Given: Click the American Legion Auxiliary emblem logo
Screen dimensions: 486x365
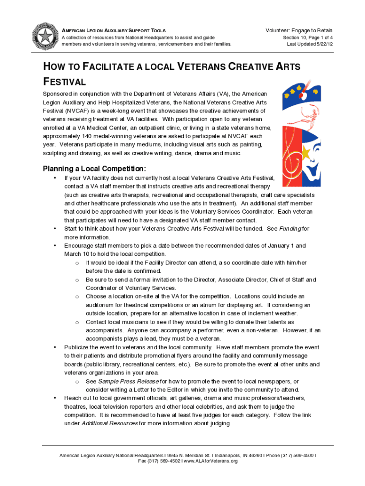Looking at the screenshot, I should [x=45, y=36].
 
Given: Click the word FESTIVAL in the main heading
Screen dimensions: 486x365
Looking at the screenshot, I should [x=64, y=82].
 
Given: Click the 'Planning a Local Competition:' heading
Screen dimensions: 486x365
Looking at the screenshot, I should [x=94, y=169].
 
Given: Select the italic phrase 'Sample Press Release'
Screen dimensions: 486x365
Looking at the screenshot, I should [x=122, y=382].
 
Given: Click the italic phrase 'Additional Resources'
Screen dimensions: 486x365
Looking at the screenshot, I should [x=110, y=423].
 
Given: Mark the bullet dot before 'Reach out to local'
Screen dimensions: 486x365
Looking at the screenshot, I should [x=55, y=398].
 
